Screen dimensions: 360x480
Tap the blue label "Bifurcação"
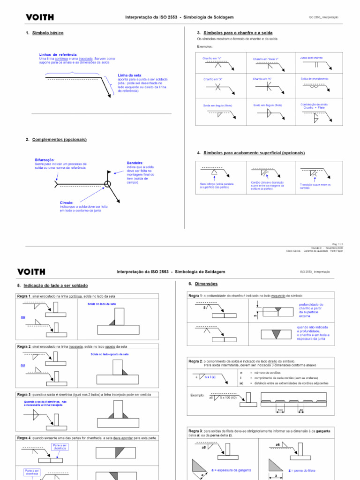click(45, 160)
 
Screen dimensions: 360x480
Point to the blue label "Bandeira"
click(135, 163)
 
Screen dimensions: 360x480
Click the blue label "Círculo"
click(66, 202)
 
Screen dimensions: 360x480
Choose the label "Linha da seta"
click(130, 75)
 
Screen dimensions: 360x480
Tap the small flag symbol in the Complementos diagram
click(108, 172)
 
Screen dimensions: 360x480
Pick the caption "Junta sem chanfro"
click(312, 58)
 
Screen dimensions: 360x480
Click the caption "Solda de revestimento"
click(315, 79)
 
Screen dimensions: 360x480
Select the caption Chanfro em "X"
click(213, 79)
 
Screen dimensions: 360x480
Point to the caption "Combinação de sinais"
click(315, 104)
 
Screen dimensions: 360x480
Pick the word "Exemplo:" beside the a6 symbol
click(197, 395)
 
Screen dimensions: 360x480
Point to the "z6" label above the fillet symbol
click(277, 444)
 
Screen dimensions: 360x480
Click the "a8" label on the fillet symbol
click(203, 447)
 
